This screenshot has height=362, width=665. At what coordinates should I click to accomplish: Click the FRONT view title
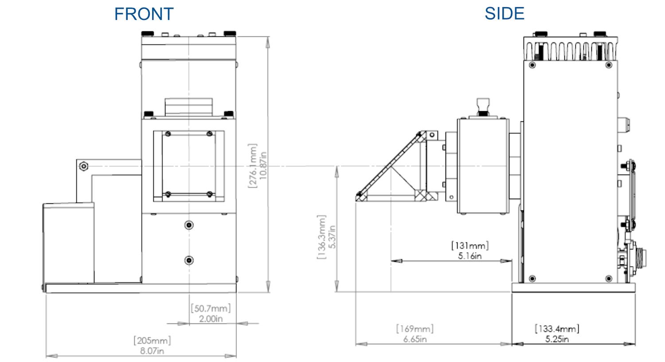click(144, 14)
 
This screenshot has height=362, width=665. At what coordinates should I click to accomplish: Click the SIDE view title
click(505, 13)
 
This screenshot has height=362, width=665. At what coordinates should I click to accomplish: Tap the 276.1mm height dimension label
click(252, 166)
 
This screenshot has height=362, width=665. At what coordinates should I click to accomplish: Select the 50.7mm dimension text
click(211, 308)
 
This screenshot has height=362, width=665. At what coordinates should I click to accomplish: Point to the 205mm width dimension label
click(152, 340)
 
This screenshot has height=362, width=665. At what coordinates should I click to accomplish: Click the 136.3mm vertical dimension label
click(321, 237)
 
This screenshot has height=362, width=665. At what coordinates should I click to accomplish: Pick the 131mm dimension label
click(469, 245)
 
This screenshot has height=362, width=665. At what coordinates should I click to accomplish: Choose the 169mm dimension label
click(415, 329)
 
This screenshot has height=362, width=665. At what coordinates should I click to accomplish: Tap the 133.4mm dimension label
click(557, 329)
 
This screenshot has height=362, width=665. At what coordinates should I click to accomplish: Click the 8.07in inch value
click(152, 351)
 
